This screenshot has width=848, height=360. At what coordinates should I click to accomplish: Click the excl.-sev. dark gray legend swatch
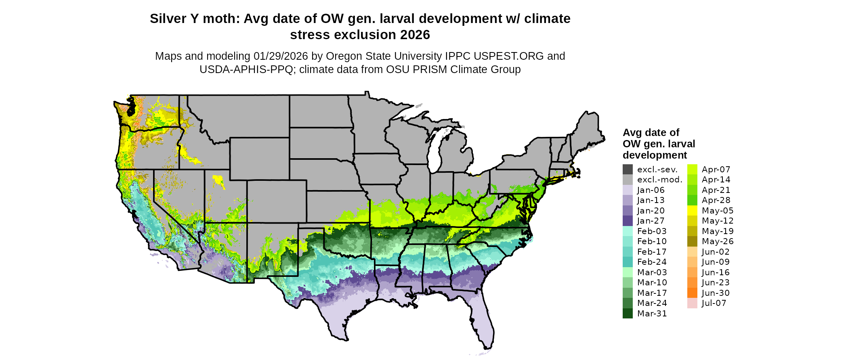tap(628, 170)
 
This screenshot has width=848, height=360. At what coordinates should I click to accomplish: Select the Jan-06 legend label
tap(651, 190)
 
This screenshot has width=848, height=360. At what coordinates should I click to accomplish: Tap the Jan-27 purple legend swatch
tap(628, 221)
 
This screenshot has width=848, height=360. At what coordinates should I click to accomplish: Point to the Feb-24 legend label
tap(652, 262)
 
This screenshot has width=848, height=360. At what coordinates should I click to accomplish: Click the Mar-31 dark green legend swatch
tap(628, 314)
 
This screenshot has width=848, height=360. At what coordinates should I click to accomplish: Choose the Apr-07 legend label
tap(716, 170)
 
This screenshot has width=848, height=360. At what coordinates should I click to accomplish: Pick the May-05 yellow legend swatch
tap(692, 211)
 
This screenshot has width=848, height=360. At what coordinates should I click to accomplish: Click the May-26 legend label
tap(718, 241)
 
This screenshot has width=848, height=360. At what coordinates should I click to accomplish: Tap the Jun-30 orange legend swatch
tap(692, 293)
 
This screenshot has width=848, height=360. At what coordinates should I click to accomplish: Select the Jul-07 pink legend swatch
tap(692, 303)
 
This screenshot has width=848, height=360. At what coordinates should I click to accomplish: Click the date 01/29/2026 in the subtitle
tap(281, 56)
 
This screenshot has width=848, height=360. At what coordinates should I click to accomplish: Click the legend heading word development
tap(655, 155)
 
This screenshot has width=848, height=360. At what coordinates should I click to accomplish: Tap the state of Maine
tap(588, 129)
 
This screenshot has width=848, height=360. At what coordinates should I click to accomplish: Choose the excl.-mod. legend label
tap(659, 180)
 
